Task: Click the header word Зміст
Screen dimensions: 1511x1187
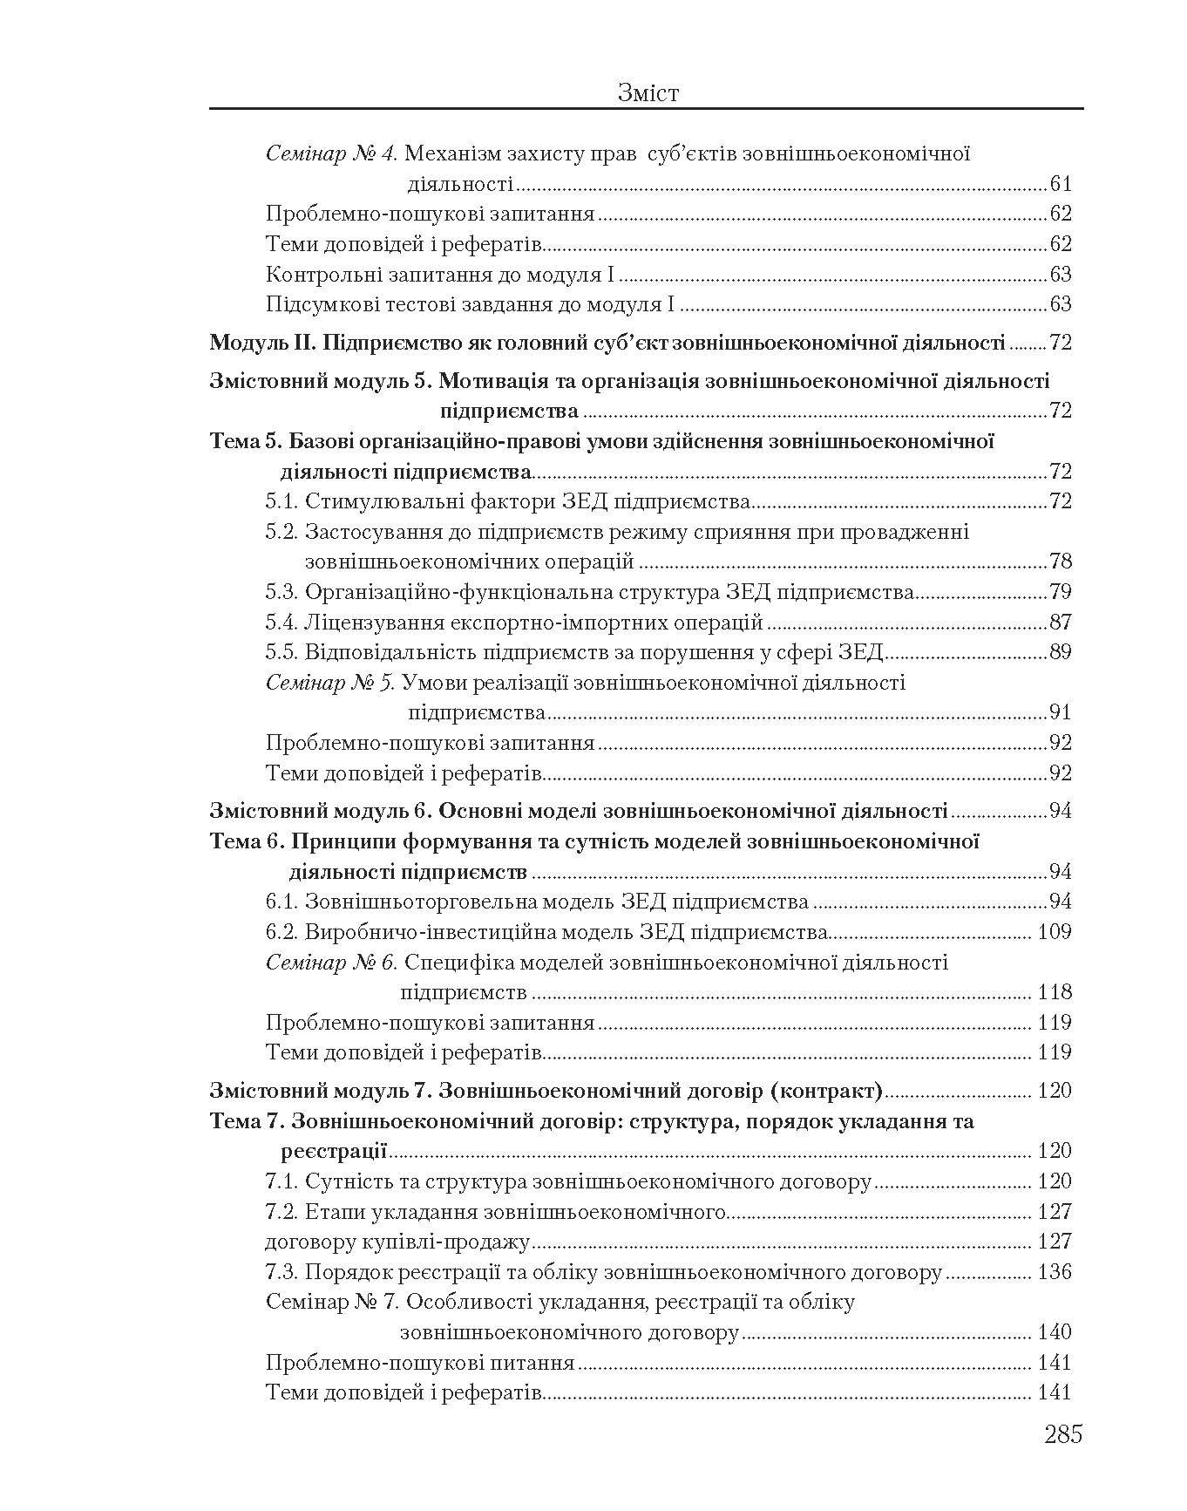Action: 647,93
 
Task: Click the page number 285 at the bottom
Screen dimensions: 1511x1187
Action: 1062,1434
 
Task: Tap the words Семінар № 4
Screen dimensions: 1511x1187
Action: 330,154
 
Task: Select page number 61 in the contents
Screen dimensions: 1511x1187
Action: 1061,184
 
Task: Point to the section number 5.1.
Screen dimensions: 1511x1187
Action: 282,502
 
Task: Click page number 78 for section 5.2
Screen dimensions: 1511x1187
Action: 1061,562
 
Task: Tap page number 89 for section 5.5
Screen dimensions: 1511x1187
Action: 1061,652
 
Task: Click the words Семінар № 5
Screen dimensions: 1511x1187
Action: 330,683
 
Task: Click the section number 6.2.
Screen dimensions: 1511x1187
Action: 282,933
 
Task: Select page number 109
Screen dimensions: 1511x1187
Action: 1055,933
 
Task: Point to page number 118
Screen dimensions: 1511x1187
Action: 1055,993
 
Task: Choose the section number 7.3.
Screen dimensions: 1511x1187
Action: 282,1273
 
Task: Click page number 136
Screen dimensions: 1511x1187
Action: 1055,1273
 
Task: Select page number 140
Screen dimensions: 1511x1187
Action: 1055,1333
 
